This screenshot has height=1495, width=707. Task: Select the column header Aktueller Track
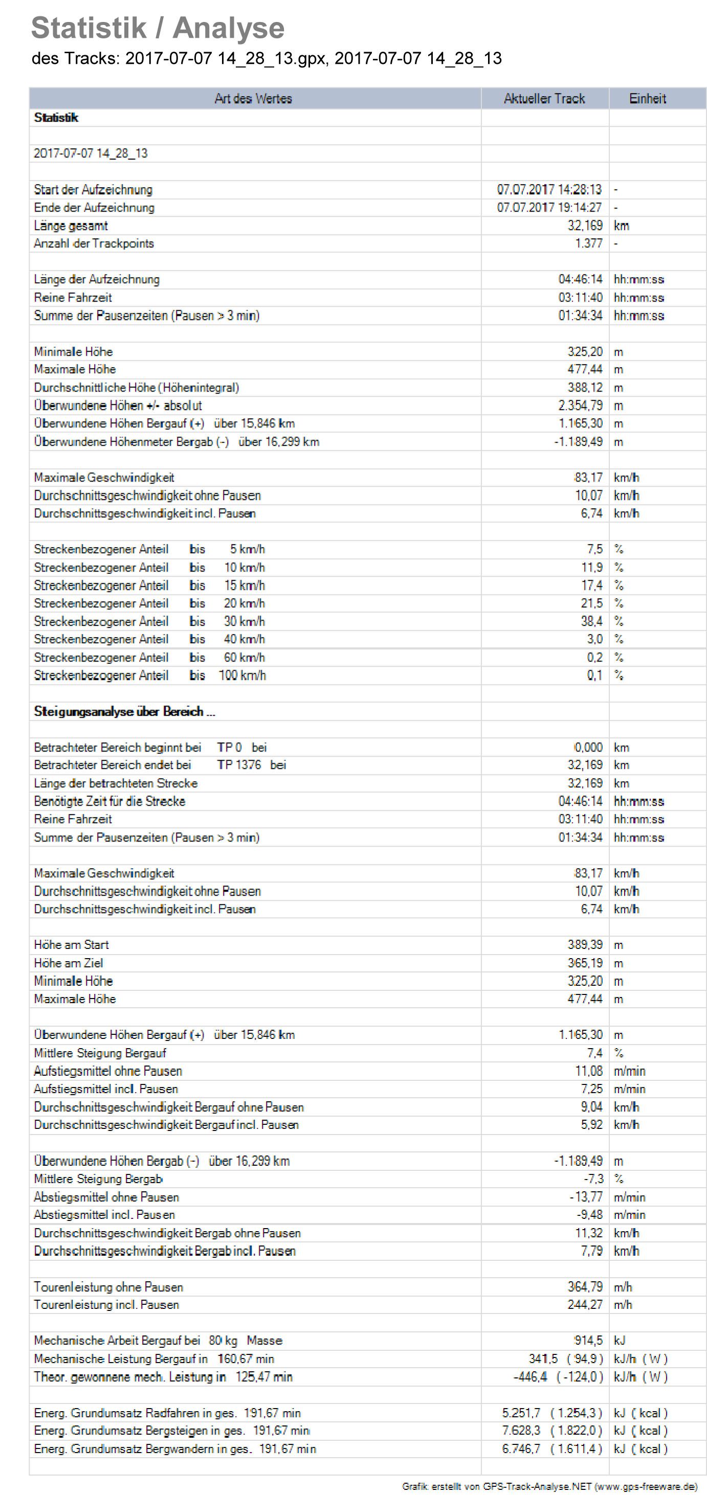(544, 99)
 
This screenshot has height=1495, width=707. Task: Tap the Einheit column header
(647, 99)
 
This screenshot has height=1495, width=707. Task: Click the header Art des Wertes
(253, 99)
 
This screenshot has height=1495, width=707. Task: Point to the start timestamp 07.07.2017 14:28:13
(549, 189)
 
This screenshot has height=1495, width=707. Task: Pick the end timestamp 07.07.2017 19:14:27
(549, 207)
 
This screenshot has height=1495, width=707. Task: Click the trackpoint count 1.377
(589, 243)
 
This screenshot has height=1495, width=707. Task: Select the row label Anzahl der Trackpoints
(94, 243)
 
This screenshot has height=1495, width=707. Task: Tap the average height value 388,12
(585, 387)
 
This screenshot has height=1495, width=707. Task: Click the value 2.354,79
(581, 405)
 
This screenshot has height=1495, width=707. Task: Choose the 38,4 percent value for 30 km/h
(591, 621)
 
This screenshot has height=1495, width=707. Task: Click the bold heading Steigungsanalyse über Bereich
(124, 712)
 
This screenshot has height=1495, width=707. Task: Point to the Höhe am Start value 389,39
(585, 945)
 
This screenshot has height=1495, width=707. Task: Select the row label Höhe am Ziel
(69, 963)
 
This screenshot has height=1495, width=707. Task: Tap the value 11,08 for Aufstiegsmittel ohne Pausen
(589, 1071)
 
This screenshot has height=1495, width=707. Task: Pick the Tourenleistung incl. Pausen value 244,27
(585, 1305)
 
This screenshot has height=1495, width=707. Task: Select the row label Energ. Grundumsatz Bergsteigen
(171, 1431)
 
